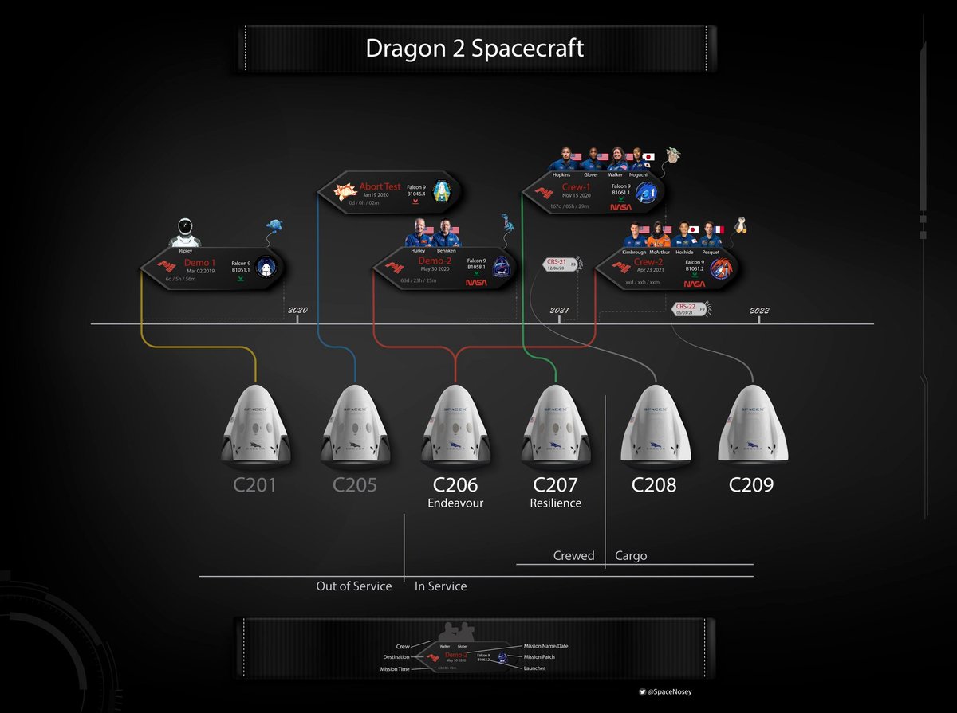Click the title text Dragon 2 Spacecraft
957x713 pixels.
point(475,48)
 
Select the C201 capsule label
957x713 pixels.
point(255,484)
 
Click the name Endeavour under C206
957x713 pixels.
point(455,503)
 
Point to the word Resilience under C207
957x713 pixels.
point(555,503)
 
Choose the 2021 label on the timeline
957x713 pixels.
point(560,311)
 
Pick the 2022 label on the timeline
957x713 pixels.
point(758,311)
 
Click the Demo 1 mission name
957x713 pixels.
point(199,262)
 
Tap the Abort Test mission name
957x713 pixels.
point(380,186)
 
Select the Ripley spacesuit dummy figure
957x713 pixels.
point(186,232)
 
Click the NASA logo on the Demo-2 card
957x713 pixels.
point(476,281)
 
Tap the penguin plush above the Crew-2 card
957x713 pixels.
point(741,227)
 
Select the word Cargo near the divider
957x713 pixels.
point(631,555)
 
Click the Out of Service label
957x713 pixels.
point(354,586)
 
